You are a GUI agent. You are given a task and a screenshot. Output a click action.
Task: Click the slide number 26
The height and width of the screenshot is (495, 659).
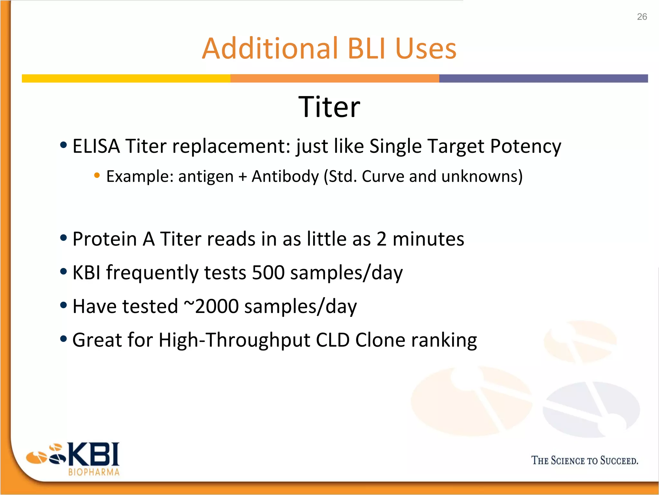[642, 17]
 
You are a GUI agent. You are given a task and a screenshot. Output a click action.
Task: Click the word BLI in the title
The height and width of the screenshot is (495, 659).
[367, 49]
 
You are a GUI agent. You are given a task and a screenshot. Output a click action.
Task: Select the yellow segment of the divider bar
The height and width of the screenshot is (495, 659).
[126, 78]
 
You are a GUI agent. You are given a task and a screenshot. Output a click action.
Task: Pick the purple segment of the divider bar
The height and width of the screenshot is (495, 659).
[543, 78]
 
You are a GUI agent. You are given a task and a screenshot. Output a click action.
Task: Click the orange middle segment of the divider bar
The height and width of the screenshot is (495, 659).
[335, 78]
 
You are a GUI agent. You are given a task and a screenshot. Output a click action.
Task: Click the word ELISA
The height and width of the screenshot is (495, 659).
[96, 146]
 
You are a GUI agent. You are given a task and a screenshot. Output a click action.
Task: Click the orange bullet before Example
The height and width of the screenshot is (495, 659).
[97, 175]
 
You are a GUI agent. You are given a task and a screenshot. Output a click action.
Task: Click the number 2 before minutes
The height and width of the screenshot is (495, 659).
[381, 239]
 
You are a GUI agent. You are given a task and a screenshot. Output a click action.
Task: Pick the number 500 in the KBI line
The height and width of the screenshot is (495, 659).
[268, 273]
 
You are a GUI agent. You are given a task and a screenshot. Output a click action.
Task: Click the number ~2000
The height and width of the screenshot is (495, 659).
[211, 306]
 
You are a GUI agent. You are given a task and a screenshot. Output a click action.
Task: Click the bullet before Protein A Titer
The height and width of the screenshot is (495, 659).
[63, 238]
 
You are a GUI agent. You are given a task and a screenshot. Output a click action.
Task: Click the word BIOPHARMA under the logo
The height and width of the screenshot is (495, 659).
[94, 472]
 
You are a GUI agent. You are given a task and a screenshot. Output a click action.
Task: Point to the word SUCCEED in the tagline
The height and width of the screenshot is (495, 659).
[619, 461]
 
